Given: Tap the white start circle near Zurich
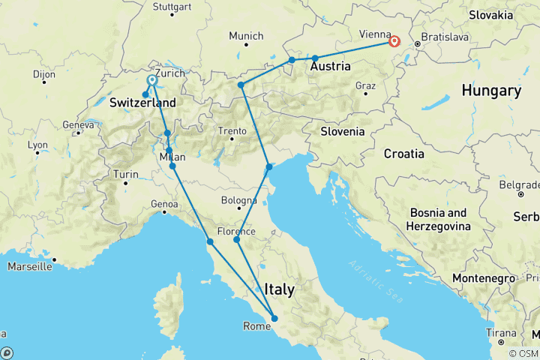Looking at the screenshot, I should tap(152, 79).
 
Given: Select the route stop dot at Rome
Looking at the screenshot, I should tap(274, 319).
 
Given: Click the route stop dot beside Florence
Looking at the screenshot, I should tap(236, 240).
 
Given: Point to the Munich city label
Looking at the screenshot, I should tap(247, 36).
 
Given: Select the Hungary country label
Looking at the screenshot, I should tap(491, 91).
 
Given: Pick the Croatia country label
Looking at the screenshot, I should tap(403, 154).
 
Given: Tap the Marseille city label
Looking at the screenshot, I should tap(31, 266).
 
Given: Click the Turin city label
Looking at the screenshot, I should tap(125, 175).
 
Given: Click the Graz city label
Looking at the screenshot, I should tap(366, 85).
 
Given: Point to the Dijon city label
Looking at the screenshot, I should tap(44, 74).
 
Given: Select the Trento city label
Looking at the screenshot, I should tap(232, 132).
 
